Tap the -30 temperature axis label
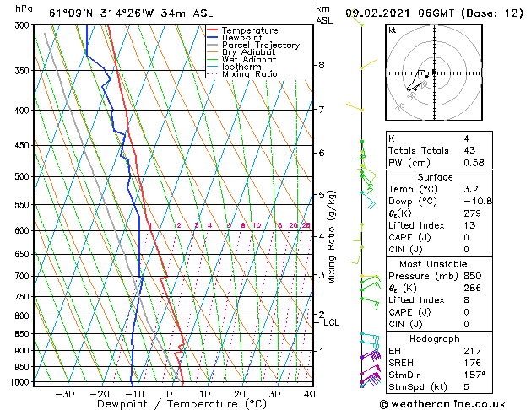64,394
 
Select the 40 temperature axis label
309,394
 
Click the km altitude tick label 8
322,65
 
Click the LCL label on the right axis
332,322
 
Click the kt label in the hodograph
393,30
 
